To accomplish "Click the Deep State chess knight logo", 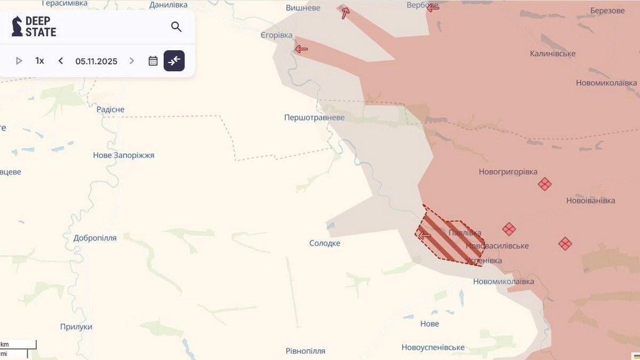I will point(17,26).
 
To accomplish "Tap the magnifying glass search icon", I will point(176,27).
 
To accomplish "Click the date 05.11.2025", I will point(96,61).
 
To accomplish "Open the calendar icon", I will point(153,61).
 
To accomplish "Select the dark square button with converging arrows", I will point(174,61).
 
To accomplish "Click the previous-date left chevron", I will point(61,61).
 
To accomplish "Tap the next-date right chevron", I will point(132,61).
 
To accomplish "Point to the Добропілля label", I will point(95,238).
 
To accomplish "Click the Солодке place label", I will point(325,243).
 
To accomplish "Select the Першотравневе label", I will point(314,117).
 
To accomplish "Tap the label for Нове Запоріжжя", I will point(124,155).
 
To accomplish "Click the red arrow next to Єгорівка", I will point(301,49).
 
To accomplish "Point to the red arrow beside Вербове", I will point(433,7).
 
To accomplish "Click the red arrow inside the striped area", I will point(425,235).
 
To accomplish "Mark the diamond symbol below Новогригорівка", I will point(544,184).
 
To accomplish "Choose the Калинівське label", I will point(553,53).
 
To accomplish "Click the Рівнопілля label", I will point(305,351).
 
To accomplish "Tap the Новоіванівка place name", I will point(590,201).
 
